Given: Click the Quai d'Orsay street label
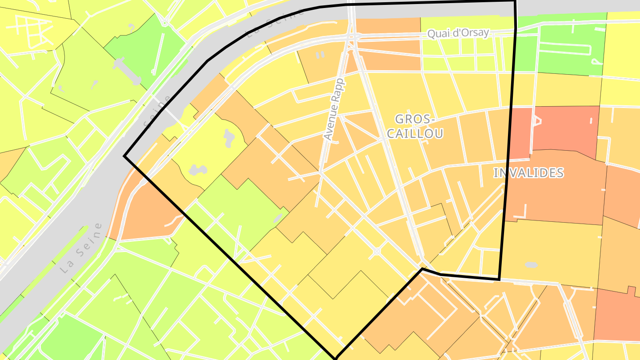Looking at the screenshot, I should (x=458, y=33).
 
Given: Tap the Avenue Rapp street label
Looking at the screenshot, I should (x=334, y=109).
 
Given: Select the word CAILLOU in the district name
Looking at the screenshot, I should (x=415, y=133).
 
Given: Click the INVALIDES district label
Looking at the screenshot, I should (x=528, y=173).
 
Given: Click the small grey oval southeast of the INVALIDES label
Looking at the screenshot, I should (x=531, y=265).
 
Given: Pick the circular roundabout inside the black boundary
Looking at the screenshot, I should (x=377, y=252).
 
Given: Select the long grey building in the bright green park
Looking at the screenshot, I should (x=127, y=71).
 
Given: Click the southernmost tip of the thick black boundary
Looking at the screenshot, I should (x=336, y=357).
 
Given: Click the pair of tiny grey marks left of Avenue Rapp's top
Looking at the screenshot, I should (x=320, y=55).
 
